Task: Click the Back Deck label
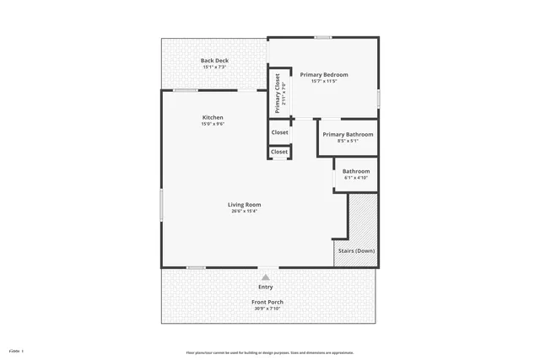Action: tap(214, 61)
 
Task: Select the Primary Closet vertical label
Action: tap(278, 94)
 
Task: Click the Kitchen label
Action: tap(213, 117)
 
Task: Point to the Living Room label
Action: tap(244, 204)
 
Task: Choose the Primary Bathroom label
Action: tap(348, 134)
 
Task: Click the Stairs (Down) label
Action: tap(356, 250)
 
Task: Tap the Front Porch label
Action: tap(267, 302)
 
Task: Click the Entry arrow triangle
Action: tap(266, 277)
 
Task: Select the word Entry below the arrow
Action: tap(266, 287)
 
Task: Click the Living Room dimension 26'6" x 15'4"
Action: tap(244, 211)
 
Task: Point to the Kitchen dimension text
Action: tap(213, 124)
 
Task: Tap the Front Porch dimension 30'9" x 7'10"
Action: tap(267, 309)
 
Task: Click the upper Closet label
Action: tap(279, 132)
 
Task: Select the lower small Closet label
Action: tap(279, 152)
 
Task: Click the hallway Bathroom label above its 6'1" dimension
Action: tap(355, 171)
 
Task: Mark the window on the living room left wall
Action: tap(161, 205)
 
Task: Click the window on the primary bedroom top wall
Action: tap(322, 37)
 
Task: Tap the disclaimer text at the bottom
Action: tap(270, 352)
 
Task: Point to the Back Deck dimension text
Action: tap(214, 67)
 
